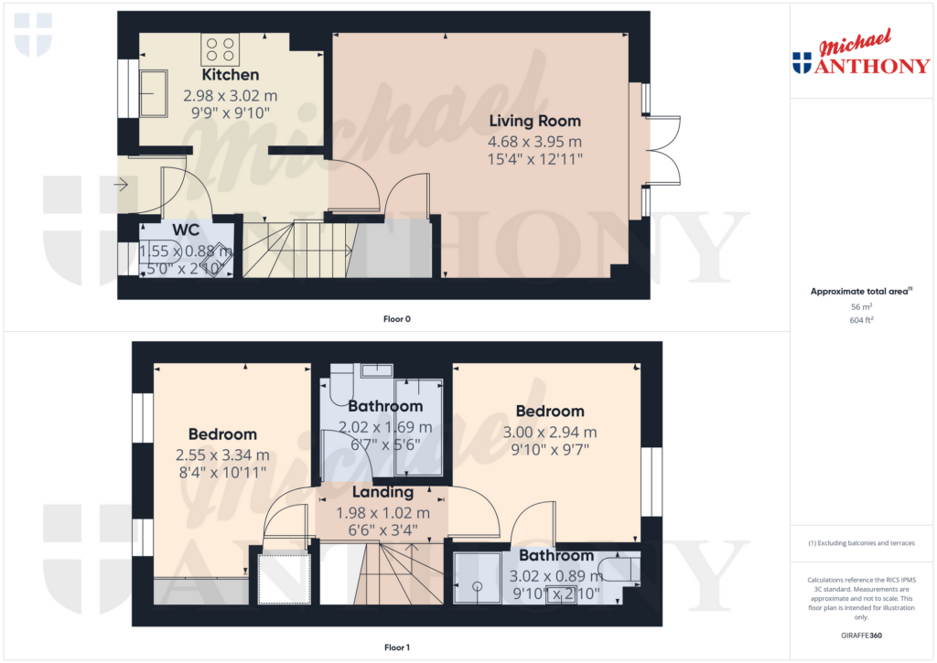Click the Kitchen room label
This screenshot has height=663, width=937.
[x=231, y=75]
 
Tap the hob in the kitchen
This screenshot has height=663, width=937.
[x=220, y=48]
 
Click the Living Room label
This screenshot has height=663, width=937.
[x=534, y=121]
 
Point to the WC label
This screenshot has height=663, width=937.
[x=186, y=230]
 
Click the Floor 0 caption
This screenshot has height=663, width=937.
[x=396, y=319]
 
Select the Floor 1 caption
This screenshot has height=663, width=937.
[x=396, y=647]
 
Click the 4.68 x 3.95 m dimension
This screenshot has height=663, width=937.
[x=535, y=142]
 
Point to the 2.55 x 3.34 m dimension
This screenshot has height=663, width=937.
[x=223, y=454]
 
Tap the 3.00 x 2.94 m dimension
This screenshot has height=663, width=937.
[x=550, y=432]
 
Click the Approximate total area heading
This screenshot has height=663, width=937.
[x=860, y=292]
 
